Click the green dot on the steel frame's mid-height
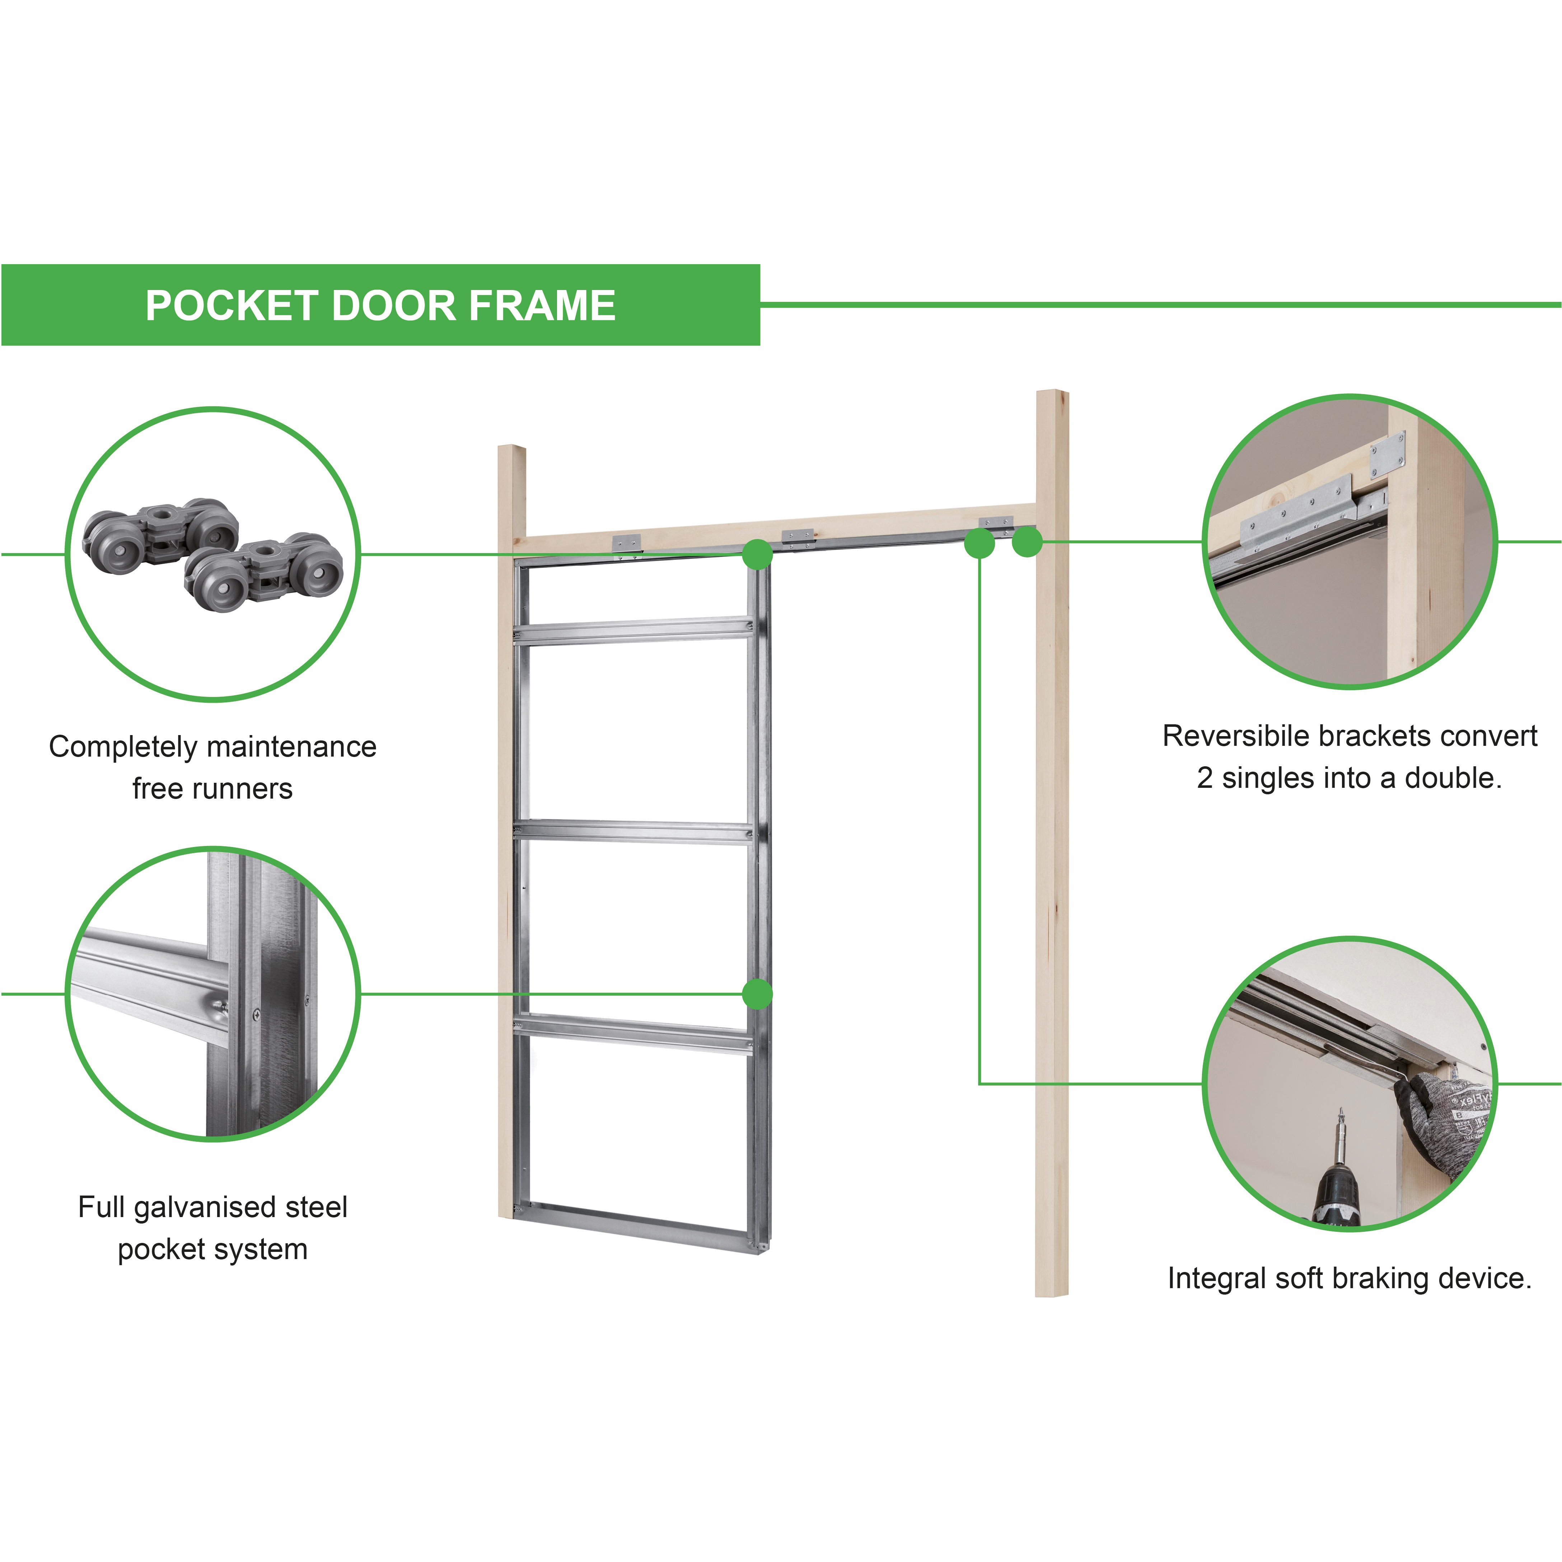tap(757, 993)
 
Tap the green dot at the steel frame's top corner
tap(757, 555)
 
